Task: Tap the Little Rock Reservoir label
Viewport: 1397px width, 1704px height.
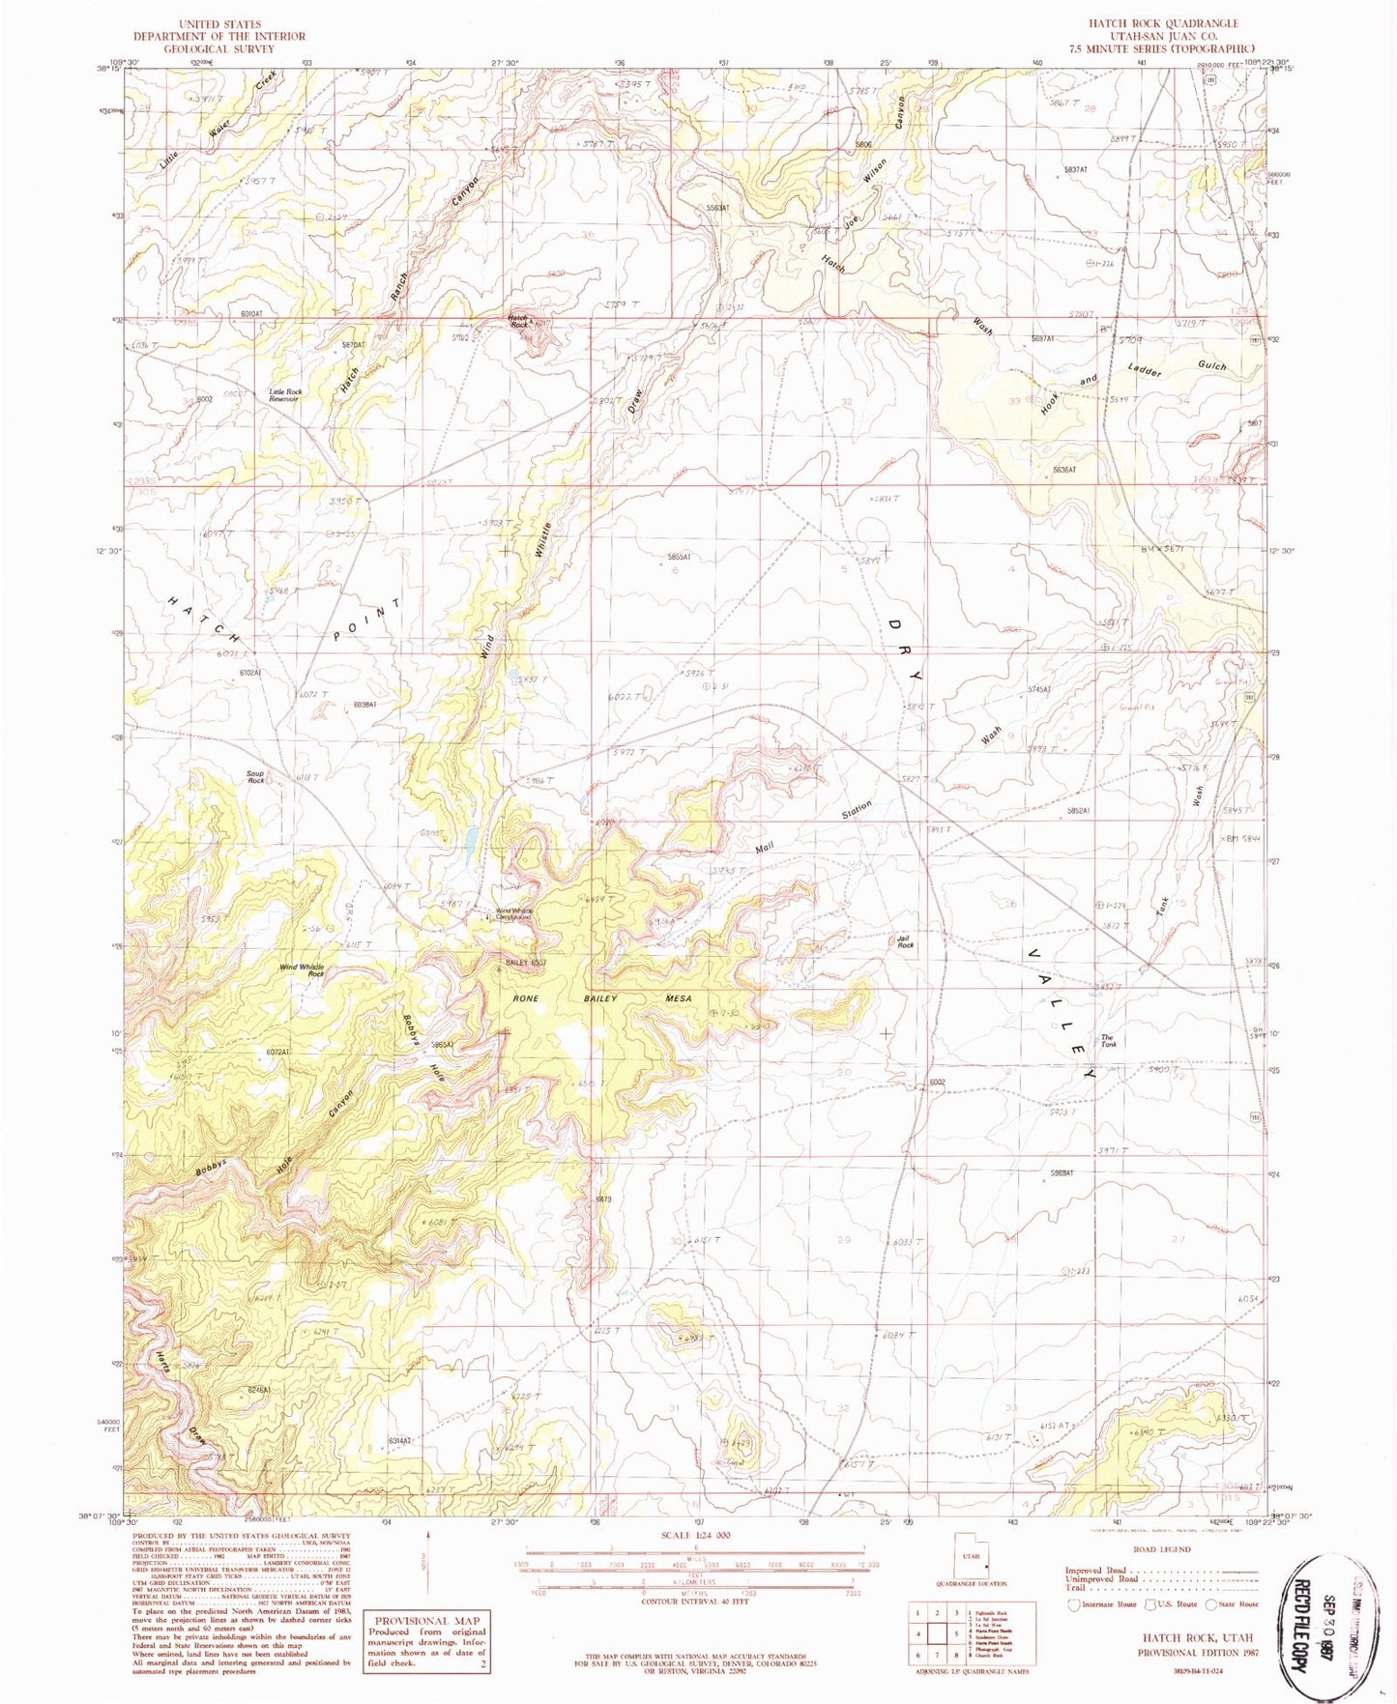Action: click(285, 395)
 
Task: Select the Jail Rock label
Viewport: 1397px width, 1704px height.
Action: click(905, 941)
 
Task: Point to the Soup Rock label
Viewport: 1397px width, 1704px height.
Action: click(255, 776)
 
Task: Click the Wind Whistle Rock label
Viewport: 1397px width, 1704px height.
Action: click(302, 970)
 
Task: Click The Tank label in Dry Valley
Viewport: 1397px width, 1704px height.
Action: click(1108, 1041)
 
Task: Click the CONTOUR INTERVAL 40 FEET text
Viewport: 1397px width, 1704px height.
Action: click(696, 1601)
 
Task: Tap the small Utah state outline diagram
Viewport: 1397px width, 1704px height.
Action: click(970, 1556)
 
